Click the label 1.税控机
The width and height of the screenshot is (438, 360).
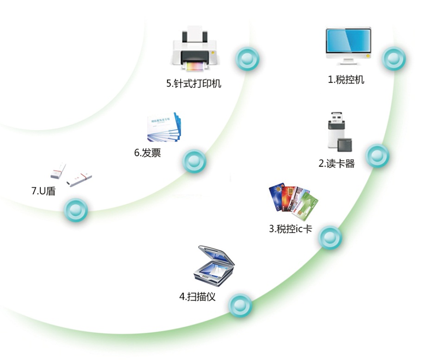[x=346, y=80]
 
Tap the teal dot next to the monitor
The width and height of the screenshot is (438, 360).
[x=394, y=58]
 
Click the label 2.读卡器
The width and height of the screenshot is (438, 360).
[x=337, y=163]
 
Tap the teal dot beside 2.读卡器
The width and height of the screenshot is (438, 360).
[x=377, y=156]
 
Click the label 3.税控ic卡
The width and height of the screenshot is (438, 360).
[x=290, y=229]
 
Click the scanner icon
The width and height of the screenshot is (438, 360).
[x=213, y=266]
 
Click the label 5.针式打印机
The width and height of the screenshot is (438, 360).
[x=194, y=84]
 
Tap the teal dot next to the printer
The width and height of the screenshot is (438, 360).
[x=247, y=59]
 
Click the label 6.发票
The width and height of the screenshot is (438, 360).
[x=148, y=153]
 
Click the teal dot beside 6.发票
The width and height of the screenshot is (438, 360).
[x=194, y=161]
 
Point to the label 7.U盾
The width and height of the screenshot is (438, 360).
[x=44, y=190]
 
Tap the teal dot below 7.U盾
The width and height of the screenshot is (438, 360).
[x=76, y=210]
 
